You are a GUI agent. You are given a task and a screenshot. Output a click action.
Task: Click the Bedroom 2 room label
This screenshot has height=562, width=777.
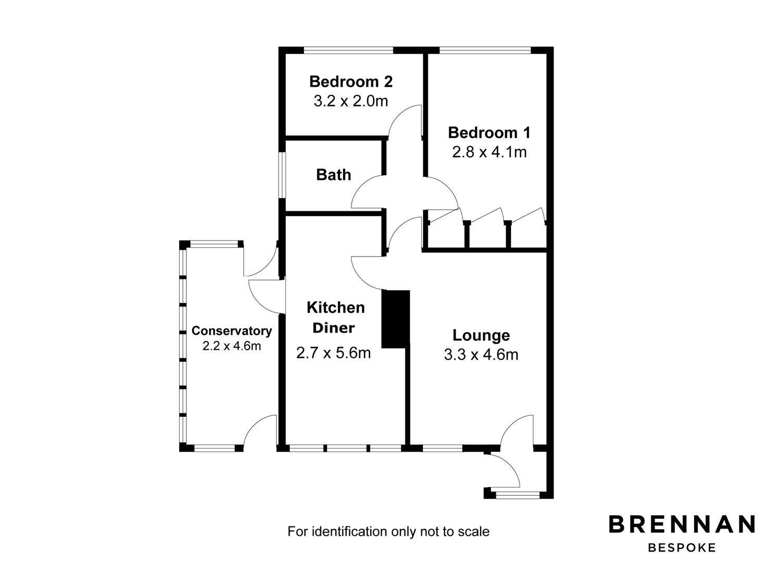point(350,82)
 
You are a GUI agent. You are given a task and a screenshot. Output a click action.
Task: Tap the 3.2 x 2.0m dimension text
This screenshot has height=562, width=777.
point(350,101)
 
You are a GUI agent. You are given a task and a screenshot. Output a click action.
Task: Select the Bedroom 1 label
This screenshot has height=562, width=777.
point(489,133)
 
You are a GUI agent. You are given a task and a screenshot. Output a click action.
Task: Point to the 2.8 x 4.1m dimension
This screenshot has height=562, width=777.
point(489,152)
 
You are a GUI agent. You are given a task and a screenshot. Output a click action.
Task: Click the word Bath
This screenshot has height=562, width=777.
point(333,175)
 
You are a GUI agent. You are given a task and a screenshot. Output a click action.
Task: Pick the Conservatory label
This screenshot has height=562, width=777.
point(232,331)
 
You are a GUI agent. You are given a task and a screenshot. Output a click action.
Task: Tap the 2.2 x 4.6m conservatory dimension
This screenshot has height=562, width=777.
point(232,346)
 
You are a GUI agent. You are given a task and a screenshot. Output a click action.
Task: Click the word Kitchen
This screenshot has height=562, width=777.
point(336,308)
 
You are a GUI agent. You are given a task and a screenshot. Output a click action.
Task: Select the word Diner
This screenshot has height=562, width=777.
point(334,328)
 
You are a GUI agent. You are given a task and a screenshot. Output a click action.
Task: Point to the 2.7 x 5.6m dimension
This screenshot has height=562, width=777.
point(334,353)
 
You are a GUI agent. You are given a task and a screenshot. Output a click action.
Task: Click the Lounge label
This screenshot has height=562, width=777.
point(481,335)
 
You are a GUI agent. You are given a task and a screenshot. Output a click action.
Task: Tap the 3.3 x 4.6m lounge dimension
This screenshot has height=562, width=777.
point(481,355)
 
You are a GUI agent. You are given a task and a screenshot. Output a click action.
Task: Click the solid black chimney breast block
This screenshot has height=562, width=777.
point(395,319)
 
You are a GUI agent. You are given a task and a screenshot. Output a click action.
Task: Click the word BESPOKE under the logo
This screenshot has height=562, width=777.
point(682,548)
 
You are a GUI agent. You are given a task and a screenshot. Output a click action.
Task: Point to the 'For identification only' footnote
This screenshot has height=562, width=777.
point(388,531)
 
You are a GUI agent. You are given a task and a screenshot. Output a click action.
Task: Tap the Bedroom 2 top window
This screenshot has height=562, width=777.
point(348,50)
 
